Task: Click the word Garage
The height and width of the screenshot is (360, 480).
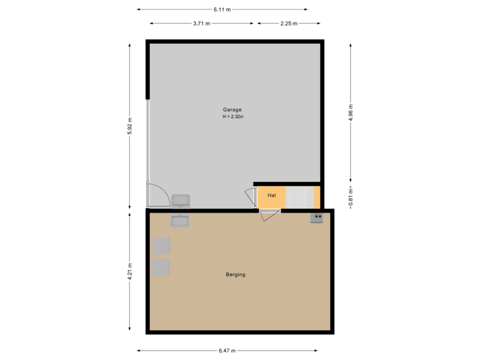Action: [232, 109]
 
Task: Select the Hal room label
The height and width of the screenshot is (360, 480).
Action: [271, 195]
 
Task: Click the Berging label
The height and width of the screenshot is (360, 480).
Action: [235, 274]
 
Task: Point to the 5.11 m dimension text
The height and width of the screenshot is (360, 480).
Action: [222, 9]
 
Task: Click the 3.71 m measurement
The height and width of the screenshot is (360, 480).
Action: [201, 23]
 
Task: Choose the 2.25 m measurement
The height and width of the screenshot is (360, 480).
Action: [289, 23]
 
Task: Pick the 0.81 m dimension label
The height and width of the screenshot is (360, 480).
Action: [351, 197]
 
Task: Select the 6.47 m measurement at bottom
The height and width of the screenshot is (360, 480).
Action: [227, 351]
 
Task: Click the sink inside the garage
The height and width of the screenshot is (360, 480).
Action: [181, 200]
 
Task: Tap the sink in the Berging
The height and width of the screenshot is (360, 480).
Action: [180, 220]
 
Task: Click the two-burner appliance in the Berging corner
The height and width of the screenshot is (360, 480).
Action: [317, 217]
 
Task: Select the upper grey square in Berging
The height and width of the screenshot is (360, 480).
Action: [161, 245]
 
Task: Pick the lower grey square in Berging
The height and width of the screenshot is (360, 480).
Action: [161, 267]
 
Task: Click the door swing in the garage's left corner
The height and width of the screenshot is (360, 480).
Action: [157, 195]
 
